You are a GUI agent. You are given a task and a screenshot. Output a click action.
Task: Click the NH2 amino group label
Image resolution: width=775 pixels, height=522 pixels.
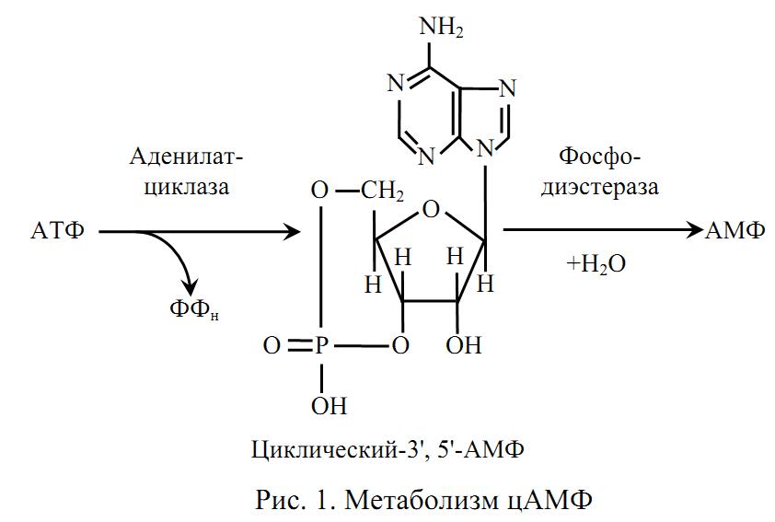442,27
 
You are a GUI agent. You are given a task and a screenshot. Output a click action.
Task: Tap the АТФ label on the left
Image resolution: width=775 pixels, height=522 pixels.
58,230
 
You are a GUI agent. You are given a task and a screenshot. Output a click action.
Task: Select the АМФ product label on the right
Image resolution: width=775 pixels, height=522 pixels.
735,230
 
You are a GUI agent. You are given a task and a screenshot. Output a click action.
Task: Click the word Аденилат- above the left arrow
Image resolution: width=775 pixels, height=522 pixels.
186,157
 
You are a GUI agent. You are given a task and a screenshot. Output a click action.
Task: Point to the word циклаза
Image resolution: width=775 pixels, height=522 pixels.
186,187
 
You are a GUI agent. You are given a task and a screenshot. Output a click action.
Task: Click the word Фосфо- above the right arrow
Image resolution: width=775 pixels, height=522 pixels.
599,157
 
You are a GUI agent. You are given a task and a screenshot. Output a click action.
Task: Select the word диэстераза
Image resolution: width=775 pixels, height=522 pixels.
599,187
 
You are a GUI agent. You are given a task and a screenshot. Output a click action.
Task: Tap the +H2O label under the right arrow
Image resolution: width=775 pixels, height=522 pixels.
596,264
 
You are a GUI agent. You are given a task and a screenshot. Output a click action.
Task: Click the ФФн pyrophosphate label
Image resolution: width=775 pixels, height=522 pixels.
193,310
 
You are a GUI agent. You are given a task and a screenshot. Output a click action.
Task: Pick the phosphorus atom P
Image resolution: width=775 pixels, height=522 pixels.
322,345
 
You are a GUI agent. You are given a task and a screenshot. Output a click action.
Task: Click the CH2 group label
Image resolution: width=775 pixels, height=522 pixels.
382,191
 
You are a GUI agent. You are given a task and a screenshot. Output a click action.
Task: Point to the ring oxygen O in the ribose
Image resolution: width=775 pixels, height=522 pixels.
431,210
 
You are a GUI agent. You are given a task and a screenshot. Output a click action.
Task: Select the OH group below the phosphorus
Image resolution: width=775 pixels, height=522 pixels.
329,406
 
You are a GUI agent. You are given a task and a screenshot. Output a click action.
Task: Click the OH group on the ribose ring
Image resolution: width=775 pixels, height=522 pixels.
463,345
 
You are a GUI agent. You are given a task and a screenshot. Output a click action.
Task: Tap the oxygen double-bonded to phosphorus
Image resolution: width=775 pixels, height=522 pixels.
272,345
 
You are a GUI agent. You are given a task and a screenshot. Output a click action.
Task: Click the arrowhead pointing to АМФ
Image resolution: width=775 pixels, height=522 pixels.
695,230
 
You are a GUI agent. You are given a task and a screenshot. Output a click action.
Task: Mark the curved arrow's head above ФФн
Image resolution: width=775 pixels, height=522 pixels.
190,288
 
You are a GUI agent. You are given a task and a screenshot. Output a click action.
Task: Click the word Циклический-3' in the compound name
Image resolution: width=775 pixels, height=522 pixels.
340,450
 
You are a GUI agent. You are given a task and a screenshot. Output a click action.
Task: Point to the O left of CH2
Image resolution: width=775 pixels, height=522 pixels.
319,191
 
